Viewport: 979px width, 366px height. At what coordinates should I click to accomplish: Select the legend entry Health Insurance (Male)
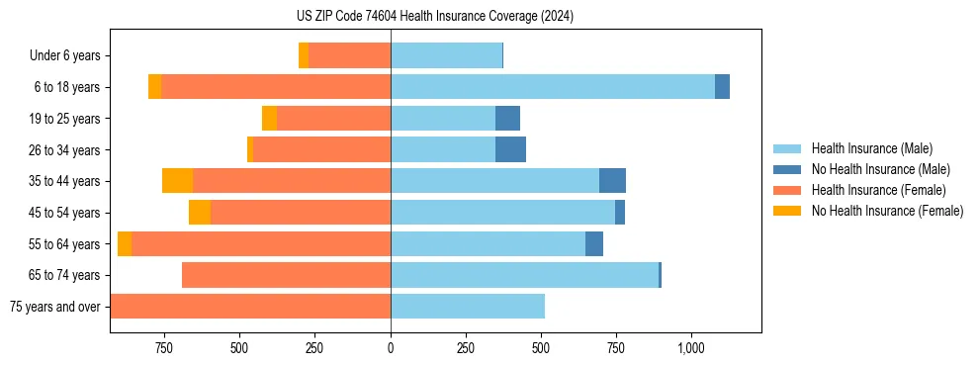(x=871, y=148)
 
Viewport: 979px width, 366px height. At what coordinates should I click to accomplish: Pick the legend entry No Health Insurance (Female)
(x=887, y=211)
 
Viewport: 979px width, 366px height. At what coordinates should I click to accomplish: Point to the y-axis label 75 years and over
(x=54, y=307)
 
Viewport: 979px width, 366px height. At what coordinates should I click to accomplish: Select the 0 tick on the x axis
(x=391, y=348)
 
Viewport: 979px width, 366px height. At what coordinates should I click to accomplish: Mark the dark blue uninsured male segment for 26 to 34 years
(x=510, y=149)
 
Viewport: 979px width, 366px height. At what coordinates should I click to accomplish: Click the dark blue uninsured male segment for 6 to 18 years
(x=722, y=87)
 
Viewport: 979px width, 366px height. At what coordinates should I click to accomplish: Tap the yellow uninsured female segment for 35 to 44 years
(x=177, y=181)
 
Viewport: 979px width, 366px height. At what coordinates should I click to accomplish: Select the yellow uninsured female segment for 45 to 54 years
(x=200, y=213)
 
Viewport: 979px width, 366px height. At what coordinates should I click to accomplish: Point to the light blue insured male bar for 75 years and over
(x=468, y=307)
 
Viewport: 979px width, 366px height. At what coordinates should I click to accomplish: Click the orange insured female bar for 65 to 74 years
(x=286, y=275)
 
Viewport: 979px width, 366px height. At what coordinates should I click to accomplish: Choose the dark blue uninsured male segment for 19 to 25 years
(x=507, y=119)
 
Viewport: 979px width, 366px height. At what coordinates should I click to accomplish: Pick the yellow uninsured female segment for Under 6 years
(x=304, y=56)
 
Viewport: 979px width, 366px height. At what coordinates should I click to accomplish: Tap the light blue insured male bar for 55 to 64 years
(x=488, y=243)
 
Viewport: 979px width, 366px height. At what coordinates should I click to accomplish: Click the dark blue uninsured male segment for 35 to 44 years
(x=612, y=181)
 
